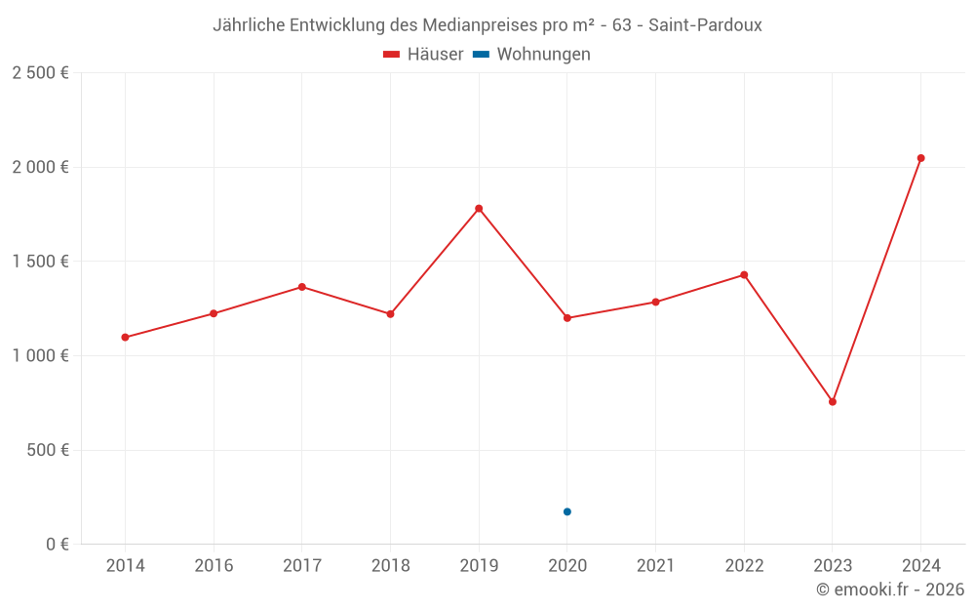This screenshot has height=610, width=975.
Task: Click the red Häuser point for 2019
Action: (479, 208)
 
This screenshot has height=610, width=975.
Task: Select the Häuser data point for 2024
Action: (920, 158)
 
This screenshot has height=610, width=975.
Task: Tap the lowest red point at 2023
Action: (833, 402)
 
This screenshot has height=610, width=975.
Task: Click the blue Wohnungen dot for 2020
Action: (567, 511)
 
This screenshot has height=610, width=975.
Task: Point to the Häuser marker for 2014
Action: (125, 338)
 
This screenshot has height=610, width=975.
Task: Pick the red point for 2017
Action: (302, 287)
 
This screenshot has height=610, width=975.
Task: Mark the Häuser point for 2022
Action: (744, 275)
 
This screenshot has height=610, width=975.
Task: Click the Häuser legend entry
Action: (424, 55)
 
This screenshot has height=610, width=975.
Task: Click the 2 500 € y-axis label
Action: (40, 73)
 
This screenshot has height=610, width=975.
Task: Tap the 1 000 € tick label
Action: (40, 356)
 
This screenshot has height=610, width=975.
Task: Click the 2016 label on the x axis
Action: (214, 566)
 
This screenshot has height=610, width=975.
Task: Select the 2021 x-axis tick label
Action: (655, 566)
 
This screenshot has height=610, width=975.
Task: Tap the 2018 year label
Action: (390, 566)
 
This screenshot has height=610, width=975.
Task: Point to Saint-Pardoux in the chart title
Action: (704, 25)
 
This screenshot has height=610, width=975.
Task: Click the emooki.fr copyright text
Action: (890, 590)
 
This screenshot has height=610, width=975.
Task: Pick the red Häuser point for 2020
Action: (567, 318)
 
